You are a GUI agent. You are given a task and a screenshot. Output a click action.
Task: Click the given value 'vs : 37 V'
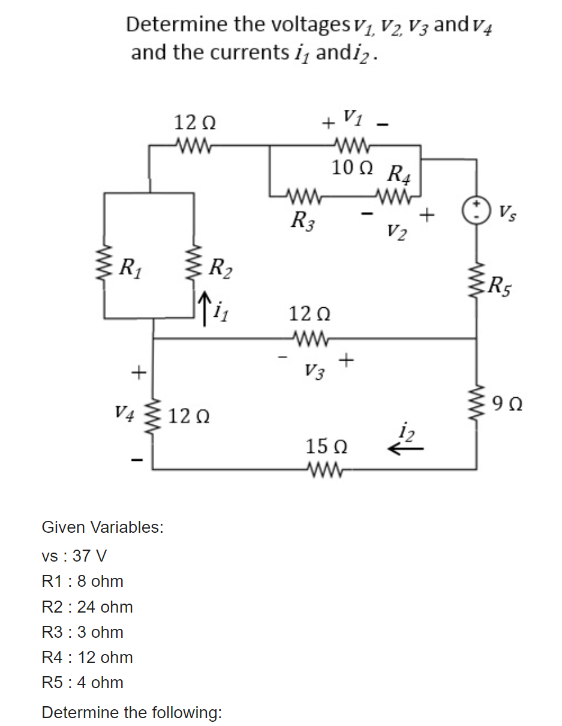74,556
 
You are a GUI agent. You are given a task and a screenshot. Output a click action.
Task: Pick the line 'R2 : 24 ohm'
88,607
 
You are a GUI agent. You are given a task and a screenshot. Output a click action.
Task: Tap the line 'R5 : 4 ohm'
83,682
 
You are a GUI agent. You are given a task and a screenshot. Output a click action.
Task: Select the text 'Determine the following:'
131,712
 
